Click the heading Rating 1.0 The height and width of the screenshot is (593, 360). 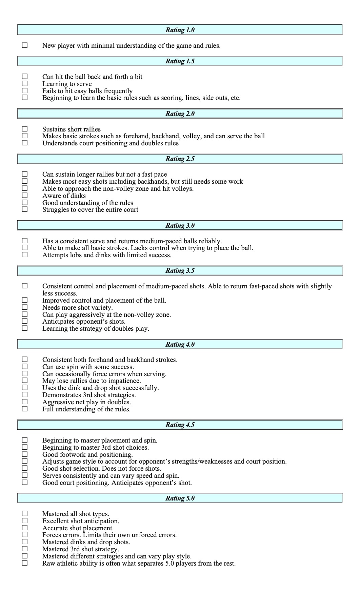pyautogui.click(x=180, y=30)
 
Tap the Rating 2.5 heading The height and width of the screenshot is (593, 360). pyautogui.click(x=180, y=159)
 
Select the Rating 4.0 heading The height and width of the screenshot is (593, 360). pyautogui.click(x=180, y=344)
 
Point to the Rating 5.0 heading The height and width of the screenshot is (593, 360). pyautogui.click(x=180, y=498)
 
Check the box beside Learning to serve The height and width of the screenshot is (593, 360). pyautogui.click(x=25, y=83)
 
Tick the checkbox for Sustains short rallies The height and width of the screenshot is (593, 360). pyautogui.click(x=25, y=129)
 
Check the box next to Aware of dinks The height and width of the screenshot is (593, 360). pyautogui.click(x=25, y=195)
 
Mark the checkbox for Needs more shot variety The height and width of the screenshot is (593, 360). pyautogui.click(x=25, y=307)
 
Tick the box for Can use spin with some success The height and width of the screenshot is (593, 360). pyautogui.click(x=25, y=366)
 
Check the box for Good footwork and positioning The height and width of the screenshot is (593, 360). pyautogui.click(x=25, y=454)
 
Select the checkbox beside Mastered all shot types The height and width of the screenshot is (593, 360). pyautogui.click(x=25, y=513)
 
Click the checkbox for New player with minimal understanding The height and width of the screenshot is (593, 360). pyautogui.click(x=25, y=45)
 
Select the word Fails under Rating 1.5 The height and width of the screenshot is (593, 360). pyautogui.click(x=49, y=91)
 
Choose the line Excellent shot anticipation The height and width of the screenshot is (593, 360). pyautogui.click(x=81, y=521)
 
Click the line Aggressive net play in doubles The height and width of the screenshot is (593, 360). pyautogui.click(x=86, y=402)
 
